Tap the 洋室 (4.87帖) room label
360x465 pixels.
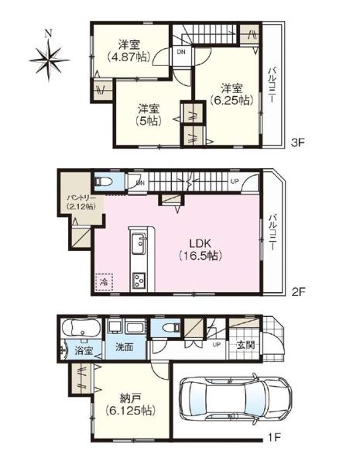(129, 51)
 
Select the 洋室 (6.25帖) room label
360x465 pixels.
(231, 95)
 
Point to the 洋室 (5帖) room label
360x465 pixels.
(149, 115)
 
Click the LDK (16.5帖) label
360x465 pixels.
(201, 250)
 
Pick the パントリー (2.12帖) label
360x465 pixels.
(81, 202)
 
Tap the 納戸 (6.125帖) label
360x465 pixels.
(130, 404)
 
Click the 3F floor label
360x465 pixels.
(298, 143)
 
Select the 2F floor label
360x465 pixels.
(298, 292)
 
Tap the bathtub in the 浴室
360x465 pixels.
(81, 329)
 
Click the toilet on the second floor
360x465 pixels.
(103, 181)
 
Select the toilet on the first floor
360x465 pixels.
(171, 327)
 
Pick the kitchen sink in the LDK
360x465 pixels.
(139, 243)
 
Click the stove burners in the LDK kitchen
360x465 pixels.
(139, 281)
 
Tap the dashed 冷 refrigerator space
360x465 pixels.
(104, 282)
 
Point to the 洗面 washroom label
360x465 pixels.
(124, 347)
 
